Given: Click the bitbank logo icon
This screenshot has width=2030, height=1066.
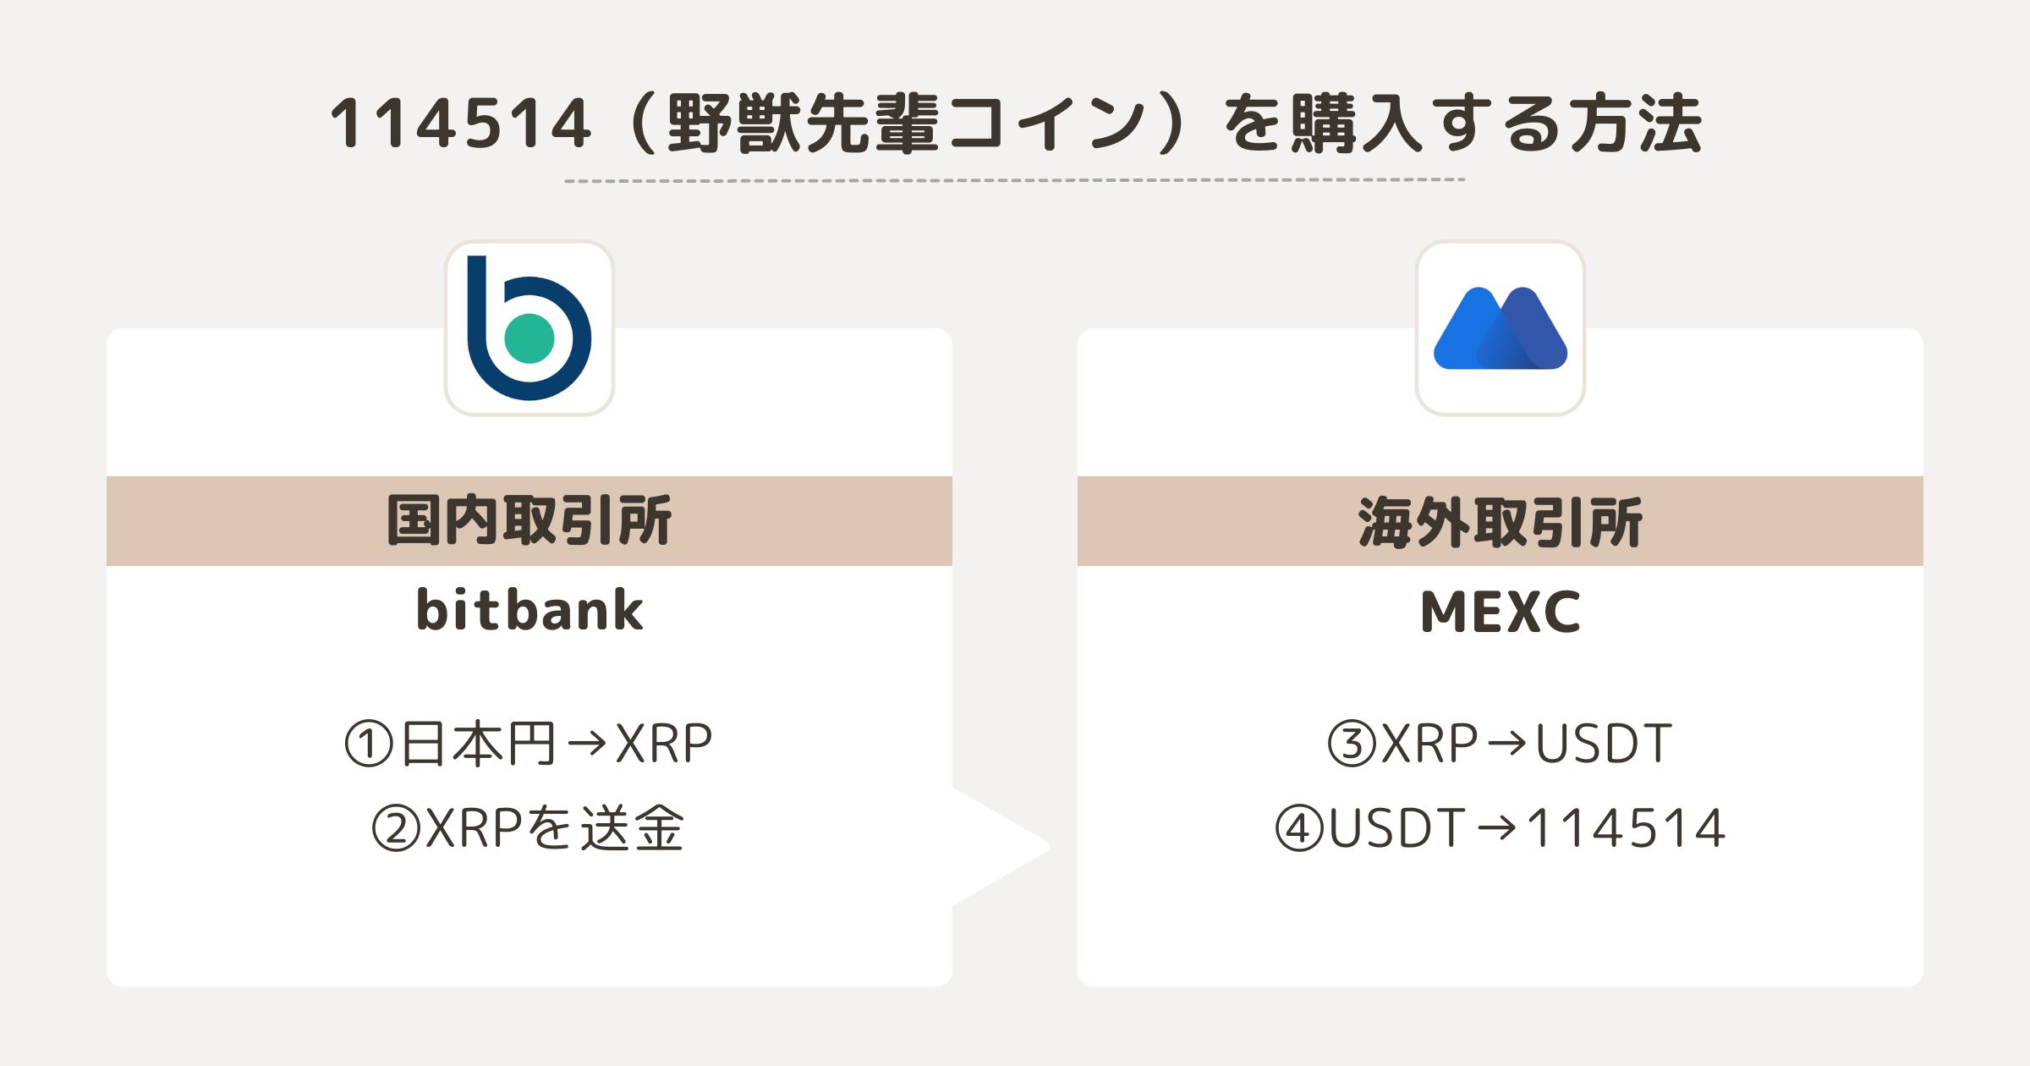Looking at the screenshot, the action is click(529, 328).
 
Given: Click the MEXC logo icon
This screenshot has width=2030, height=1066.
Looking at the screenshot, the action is click(1501, 328).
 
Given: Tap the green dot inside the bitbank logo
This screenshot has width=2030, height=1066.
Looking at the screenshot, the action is click(529, 338).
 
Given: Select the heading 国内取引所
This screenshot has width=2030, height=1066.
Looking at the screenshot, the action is click(529, 520).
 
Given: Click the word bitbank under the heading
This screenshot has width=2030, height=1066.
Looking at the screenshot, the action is click(529, 610).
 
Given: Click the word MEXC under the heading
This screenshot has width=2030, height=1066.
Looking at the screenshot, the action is click(1501, 612).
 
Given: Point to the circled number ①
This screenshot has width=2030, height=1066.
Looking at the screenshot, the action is click(370, 744).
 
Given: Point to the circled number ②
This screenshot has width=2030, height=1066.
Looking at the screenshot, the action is click(397, 828).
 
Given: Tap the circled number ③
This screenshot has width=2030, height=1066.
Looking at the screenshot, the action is click(1352, 744).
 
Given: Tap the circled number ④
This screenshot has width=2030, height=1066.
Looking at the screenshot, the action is click(1299, 828).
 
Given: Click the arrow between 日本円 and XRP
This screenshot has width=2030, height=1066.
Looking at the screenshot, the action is click(587, 744).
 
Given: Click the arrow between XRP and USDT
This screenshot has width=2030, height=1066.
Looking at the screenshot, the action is click(1506, 744).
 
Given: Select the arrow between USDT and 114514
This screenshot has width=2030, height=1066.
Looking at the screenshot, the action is click(1497, 828).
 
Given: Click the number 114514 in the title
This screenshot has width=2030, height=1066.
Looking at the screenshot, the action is click(461, 124).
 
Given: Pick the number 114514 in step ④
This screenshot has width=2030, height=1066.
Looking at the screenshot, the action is click(1627, 828).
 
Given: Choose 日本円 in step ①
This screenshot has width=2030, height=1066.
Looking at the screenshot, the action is click(478, 744).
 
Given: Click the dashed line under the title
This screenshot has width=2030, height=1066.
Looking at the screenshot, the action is click(1015, 180).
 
